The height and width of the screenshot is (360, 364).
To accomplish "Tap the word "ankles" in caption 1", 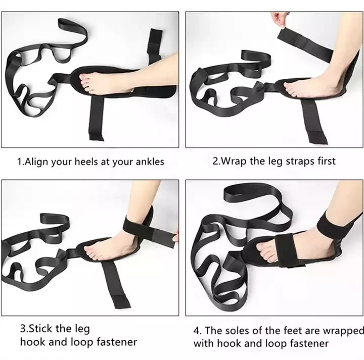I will [150, 162].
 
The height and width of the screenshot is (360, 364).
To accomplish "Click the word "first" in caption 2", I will [325, 161].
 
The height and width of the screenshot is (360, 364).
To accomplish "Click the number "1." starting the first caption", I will [21, 162].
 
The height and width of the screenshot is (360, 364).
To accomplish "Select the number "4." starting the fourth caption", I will [198, 331].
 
